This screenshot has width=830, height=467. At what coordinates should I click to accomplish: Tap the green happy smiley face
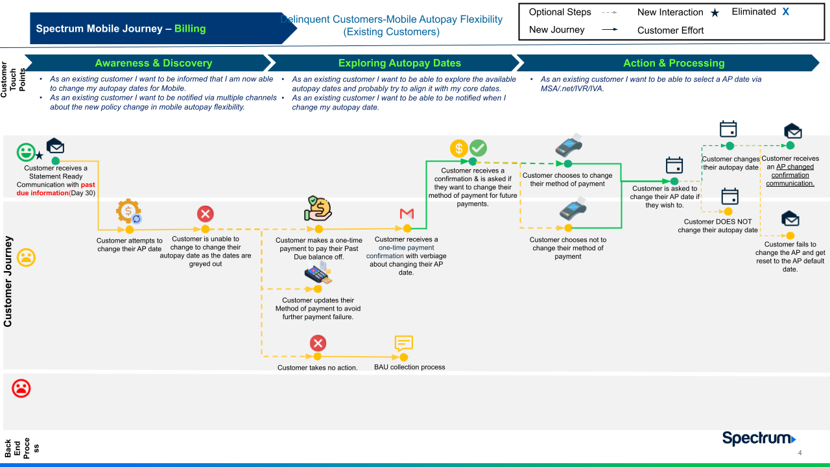26,152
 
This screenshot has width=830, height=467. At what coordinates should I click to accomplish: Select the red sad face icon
21,388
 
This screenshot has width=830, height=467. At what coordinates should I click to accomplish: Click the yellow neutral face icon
26,257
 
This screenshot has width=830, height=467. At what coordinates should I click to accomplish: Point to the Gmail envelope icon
407,213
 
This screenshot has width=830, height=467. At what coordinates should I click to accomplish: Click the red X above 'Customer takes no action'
318,343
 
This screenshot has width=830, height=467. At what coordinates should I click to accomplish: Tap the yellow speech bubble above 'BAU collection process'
403,343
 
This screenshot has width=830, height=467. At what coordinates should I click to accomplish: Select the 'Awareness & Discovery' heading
153,63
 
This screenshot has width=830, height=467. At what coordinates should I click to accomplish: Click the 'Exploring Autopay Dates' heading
399,63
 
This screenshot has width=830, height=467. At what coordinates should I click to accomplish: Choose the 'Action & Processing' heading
674,63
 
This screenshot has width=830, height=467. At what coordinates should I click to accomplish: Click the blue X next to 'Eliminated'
785,12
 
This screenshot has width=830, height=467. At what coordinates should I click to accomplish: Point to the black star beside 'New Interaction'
715,13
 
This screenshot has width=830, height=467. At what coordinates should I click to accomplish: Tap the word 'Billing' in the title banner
190,29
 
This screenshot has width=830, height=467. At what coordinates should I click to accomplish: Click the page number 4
800,453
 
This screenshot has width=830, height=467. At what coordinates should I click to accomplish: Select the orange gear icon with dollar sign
128,211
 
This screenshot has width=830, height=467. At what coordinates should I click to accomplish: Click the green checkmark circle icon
478,148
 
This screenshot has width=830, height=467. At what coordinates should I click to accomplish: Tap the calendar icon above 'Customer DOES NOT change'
730,196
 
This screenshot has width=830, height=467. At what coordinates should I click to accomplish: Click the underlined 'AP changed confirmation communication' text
790,175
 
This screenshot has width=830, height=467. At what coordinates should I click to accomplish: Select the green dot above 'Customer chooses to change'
568,163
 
